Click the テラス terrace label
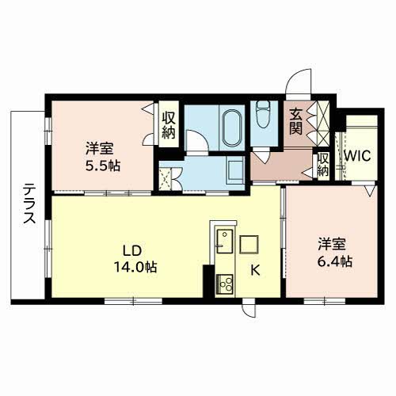[29, 204]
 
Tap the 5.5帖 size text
[103, 166]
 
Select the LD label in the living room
[132, 251]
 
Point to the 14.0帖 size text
[135, 267]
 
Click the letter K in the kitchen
[255, 270]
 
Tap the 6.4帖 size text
[334, 261]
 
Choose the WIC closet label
[358, 156]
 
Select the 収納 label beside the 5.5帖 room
[169, 125]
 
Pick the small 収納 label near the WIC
[323, 165]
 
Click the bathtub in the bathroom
[232, 128]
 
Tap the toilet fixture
[263, 115]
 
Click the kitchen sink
[225, 242]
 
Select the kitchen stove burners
[225, 284]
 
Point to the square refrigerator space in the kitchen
[249, 244]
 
